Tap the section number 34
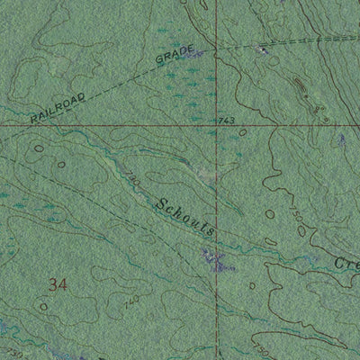59,285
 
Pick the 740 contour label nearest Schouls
134,181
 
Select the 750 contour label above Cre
298,216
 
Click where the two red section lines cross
217,127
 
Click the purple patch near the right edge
342,140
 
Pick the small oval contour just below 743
243,132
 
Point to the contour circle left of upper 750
270,214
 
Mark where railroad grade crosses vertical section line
217,47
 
